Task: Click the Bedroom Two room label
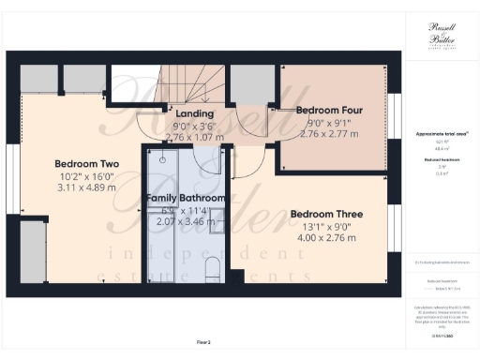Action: [75, 160]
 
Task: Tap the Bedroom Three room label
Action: [323, 212]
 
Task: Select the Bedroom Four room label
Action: [329, 110]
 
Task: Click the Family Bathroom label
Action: [185, 199]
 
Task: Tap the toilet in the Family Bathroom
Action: [212, 267]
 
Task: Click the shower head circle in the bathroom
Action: [161, 159]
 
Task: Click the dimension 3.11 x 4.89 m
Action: [75, 187]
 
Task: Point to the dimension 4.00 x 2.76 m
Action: [323, 238]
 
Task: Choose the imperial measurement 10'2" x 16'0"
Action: [75, 174]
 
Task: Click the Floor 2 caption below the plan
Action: [203, 341]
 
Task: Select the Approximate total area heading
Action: [442, 135]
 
